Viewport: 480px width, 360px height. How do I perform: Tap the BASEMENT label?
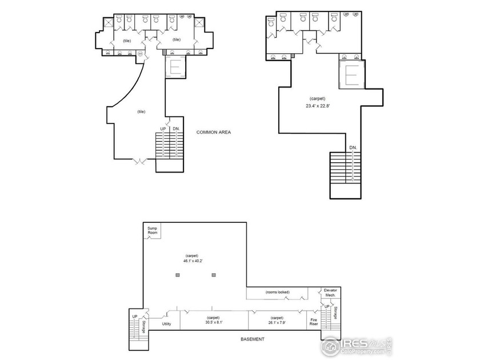(252, 339)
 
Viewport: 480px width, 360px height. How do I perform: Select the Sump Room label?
(152, 231)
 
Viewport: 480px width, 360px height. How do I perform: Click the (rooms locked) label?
(279, 292)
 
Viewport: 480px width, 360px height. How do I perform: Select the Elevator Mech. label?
(330, 293)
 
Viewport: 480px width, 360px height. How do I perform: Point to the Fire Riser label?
(314, 322)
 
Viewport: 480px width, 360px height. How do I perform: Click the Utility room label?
(166, 324)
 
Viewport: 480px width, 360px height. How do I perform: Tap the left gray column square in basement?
(178, 275)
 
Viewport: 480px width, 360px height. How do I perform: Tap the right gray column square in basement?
(214, 275)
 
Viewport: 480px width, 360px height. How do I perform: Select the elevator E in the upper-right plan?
(353, 75)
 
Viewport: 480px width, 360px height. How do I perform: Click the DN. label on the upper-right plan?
(353, 148)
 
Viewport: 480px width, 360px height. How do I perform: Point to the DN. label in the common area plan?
(177, 129)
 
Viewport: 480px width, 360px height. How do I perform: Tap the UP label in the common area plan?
(163, 129)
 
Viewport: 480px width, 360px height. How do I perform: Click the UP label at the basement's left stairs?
(135, 316)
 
